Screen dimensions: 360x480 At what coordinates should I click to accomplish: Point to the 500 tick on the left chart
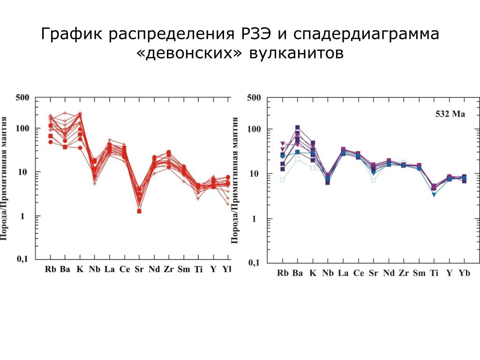22,97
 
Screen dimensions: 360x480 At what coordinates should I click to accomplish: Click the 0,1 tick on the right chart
253,263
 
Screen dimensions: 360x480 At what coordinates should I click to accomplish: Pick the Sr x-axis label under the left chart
139,269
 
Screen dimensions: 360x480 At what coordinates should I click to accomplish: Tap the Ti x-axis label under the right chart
434,273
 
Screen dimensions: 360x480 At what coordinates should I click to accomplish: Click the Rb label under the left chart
50,269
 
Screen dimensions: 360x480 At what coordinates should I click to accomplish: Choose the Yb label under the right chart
464,273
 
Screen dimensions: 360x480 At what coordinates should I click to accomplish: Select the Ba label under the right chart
298,273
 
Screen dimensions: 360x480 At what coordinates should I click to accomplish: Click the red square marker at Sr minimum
139,211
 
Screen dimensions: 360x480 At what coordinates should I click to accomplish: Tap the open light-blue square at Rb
283,180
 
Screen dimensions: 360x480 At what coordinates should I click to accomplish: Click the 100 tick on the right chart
253,129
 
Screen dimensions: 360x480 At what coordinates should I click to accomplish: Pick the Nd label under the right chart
389,273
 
